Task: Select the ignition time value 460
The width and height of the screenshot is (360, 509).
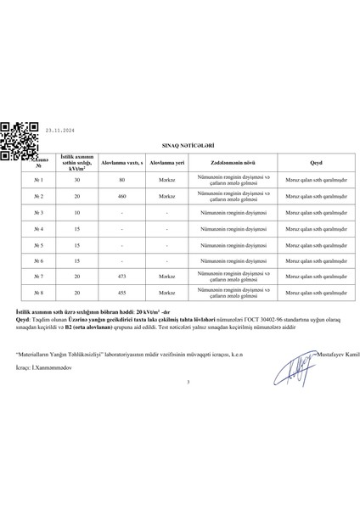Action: [x=123, y=196]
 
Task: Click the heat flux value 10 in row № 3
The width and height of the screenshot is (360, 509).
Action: [x=77, y=212]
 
